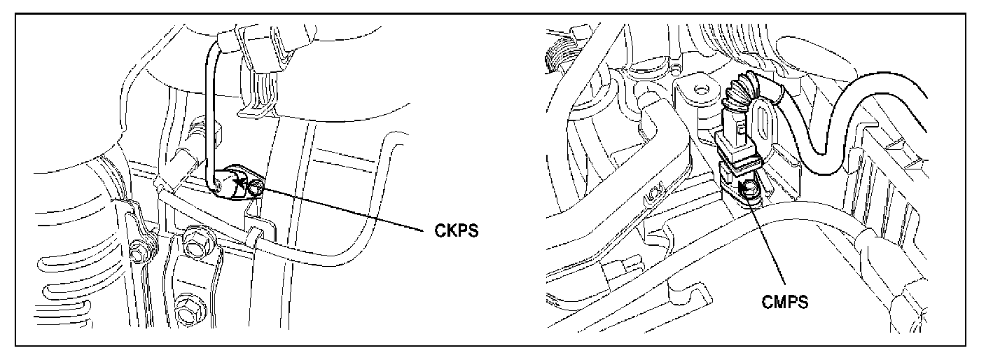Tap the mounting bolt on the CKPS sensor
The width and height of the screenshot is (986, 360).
pyautogui.click(x=258, y=187)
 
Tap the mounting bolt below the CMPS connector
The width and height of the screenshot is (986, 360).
pyautogui.click(x=749, y=188)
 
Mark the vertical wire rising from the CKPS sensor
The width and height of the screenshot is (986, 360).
pyautogui.click(x=208, y=112)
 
